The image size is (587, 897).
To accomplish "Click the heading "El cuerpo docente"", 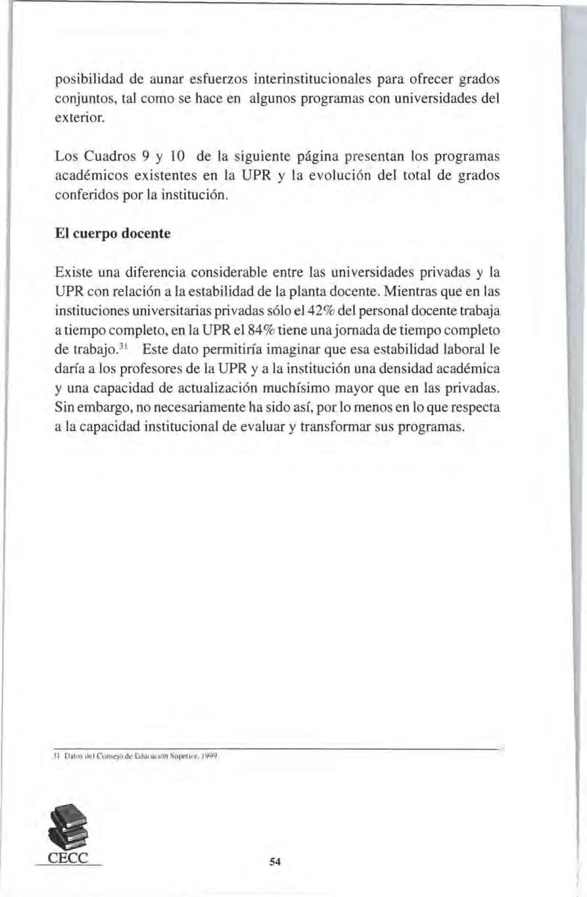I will [x=112, y=235].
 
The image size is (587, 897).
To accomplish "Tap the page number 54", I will [x=275, y=863].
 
